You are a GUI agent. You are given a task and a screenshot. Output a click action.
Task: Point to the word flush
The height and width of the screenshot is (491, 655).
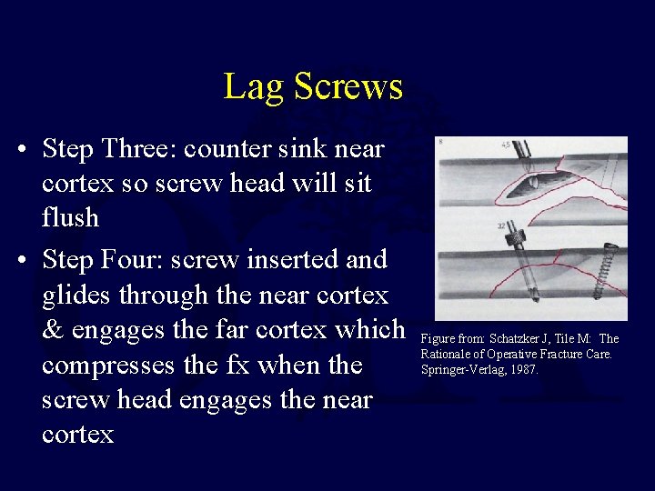[71, 218]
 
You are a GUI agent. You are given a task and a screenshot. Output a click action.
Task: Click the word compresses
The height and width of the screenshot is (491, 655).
[109, 365]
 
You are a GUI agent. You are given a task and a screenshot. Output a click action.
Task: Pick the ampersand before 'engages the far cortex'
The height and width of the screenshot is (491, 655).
[53, 329]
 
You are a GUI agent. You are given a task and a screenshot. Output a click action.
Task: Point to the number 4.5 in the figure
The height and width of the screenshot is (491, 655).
[505, 144]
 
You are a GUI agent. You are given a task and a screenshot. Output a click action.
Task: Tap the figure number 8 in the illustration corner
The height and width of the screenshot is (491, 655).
[440, 143]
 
